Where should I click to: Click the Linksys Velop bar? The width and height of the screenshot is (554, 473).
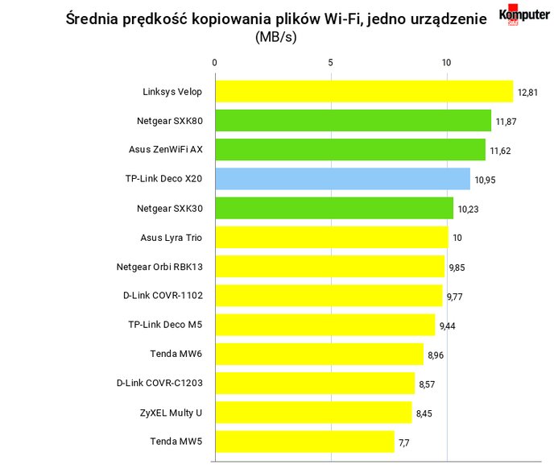point(364,92)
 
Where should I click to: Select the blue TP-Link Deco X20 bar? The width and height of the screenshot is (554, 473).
point(343,179)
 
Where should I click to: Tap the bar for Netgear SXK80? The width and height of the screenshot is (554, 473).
point(353,121)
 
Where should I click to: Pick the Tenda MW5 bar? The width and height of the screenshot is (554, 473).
point(305,442)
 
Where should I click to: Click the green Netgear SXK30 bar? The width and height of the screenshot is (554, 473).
point(335,208)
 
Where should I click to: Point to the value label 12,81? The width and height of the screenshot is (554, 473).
point(527,93)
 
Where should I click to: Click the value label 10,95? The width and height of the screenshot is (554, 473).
point(485,180)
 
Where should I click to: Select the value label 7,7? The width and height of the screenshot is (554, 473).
point(404,443)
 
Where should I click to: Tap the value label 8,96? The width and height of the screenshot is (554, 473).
point(436,355)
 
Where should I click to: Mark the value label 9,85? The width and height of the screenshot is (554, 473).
point(457,268)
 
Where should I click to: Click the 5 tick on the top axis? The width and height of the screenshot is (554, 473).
point(330,63)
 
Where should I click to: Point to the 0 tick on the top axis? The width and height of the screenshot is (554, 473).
point(214,63)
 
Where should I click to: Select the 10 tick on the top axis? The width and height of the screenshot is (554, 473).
point(446,63)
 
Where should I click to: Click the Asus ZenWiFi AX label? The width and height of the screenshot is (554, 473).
point(166,150)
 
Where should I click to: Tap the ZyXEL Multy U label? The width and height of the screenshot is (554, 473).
point(171,413)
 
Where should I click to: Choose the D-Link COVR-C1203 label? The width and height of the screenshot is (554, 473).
point(159,383)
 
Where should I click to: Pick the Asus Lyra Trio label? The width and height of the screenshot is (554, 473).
point(172,238)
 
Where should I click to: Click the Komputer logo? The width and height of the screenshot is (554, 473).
point(524,15)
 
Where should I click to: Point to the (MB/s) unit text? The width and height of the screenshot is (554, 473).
point(276,37)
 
